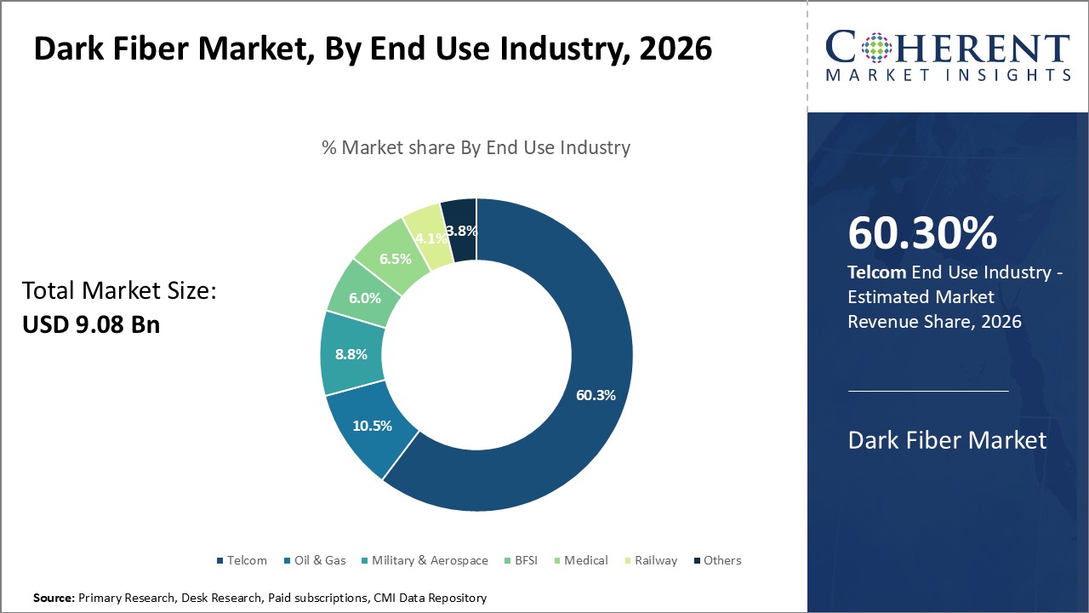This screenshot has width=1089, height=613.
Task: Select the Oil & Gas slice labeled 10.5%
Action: coord(371,426)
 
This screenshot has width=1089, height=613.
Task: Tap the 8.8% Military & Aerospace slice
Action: coord(351,354)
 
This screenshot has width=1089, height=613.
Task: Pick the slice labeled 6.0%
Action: coord(363,299)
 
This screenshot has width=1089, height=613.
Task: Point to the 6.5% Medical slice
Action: coord(395,259)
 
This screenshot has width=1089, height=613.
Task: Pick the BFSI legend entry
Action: coord(522,560)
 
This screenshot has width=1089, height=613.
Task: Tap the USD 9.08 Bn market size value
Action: coord(91,324)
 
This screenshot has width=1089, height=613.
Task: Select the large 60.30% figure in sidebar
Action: coord(922,233)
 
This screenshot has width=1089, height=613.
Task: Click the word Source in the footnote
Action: coord(53,599)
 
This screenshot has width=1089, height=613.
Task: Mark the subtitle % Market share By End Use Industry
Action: coord(476,147)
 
